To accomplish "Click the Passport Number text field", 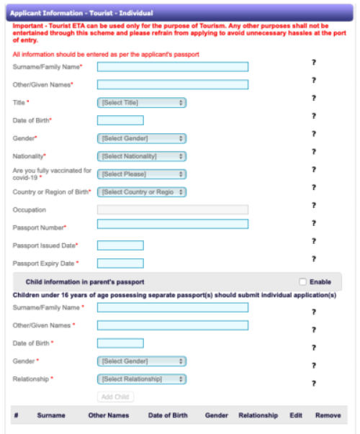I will tap(172, 224).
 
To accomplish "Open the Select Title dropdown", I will tap(141, 103).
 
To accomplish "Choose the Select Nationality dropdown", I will tap(141, 156).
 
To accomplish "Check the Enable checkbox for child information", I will tap(302, 281).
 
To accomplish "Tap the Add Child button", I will tap(115, 397).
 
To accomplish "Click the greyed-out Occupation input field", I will tap(172, 209).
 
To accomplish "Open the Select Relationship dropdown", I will tap(141, 379).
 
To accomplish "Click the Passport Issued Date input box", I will tap(120, 245).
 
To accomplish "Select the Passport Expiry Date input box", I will tap(120, 263).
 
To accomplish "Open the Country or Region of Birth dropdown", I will tap(141, 192).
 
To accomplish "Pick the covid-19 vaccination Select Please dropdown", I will tap(141, 174).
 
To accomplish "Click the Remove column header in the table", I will tap(328, 415).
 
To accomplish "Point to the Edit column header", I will tap(296, 415).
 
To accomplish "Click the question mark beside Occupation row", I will tap(314, 206).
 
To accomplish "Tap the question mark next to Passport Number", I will tap(314, 224).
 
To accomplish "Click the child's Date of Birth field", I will tap(120, 343).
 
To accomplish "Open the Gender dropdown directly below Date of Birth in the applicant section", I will tap(141, 138).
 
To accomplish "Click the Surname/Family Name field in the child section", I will tap(172, 307).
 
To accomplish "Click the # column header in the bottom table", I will tap(17, 415).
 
